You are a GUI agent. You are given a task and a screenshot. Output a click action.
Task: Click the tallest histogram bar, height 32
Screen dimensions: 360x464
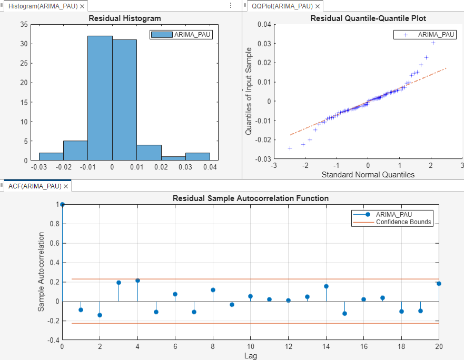click(x=100, y=98)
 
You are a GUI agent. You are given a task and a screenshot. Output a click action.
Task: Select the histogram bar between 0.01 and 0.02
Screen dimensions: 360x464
click(x=149, y=152)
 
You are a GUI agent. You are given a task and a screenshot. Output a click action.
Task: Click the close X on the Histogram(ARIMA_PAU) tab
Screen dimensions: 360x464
click(x=83, y=6)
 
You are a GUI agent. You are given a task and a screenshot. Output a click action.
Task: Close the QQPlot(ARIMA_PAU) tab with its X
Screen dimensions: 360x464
click(x=317, y=6)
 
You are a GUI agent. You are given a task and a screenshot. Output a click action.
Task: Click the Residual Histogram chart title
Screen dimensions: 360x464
click(x=124, y=18)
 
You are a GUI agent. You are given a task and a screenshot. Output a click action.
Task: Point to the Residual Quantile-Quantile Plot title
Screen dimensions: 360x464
click(x=368, y=18)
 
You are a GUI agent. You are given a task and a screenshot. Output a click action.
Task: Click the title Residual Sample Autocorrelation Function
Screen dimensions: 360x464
click(x=251, y=198)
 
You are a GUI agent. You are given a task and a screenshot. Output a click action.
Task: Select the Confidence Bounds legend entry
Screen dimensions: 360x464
click(x=403, y=222)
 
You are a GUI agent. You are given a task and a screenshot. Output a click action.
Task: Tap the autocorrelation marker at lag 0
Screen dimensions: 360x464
click(x=62, y=204)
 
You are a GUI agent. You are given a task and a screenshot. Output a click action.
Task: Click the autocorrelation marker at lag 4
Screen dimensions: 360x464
click(x=137, y=281)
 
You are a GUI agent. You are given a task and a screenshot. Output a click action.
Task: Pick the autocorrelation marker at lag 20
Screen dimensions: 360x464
click(x=439, y=284)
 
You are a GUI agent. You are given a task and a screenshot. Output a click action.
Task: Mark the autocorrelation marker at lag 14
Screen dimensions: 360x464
click(x=326, y=286)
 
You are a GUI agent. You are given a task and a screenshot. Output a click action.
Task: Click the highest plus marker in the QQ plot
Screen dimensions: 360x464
click(x=433, y=43)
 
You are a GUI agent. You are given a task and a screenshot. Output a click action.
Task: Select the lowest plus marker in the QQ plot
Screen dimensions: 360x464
click(x=290, y=148)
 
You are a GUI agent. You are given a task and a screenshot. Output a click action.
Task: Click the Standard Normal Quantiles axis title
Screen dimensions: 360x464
click(x=368, y=175)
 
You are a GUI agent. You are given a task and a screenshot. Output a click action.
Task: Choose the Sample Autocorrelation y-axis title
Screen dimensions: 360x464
click(x=41, y=273)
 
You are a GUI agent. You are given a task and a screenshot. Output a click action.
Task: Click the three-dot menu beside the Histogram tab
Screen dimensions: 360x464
click(x=231, y=5)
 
